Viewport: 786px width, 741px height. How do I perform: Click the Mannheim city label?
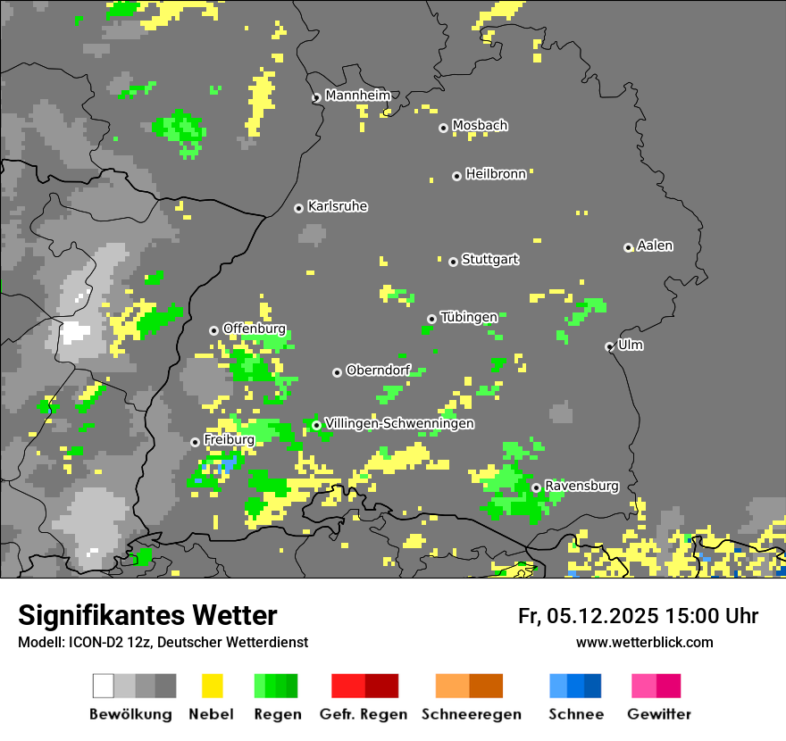[x=358, y=96]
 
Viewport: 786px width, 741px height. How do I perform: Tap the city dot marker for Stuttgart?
[x=453, y=262]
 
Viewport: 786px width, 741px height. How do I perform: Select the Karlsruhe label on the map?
[x=338, y=206]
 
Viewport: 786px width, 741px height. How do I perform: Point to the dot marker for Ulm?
[x=609, y=346]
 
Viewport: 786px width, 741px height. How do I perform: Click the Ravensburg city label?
[x=581, y=487]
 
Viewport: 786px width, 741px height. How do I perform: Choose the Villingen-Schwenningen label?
[x=399, y=423]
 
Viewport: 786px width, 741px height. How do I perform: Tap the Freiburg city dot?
[x=195, y=442]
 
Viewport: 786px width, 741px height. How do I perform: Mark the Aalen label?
[x=655, y=246]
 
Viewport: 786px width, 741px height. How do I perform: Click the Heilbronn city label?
[x=496, y=174]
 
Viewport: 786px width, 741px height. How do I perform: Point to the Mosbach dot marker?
[x=443, y=128]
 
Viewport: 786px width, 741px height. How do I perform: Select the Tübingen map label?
[x=469, y=317]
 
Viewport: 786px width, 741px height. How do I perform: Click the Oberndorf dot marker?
[x=337, y=372]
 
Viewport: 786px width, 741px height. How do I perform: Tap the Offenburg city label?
[x=254, y=329]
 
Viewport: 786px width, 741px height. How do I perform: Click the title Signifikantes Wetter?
[x=147, y=615]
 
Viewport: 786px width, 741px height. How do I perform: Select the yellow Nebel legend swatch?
[x=212, y=686]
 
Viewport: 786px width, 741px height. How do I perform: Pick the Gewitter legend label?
[x=658, y=714]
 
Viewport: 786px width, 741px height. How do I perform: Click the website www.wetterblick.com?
[x=644, y=642]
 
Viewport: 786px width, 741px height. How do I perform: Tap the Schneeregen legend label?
[x=471, y=714]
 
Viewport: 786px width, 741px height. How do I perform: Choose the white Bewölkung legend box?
[x=103, y=686]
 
